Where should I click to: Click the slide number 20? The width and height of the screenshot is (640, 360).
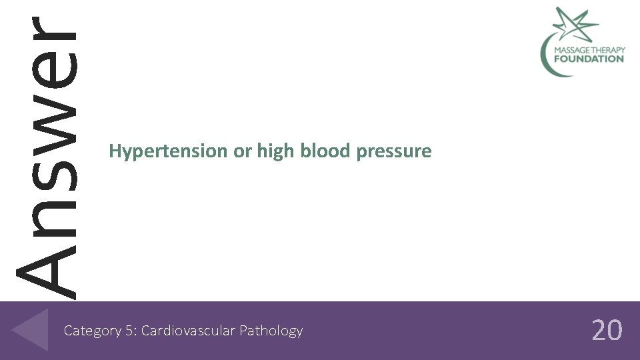click(x=607, y=330)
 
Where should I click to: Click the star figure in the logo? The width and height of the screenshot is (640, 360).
click(x=575, y=23)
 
